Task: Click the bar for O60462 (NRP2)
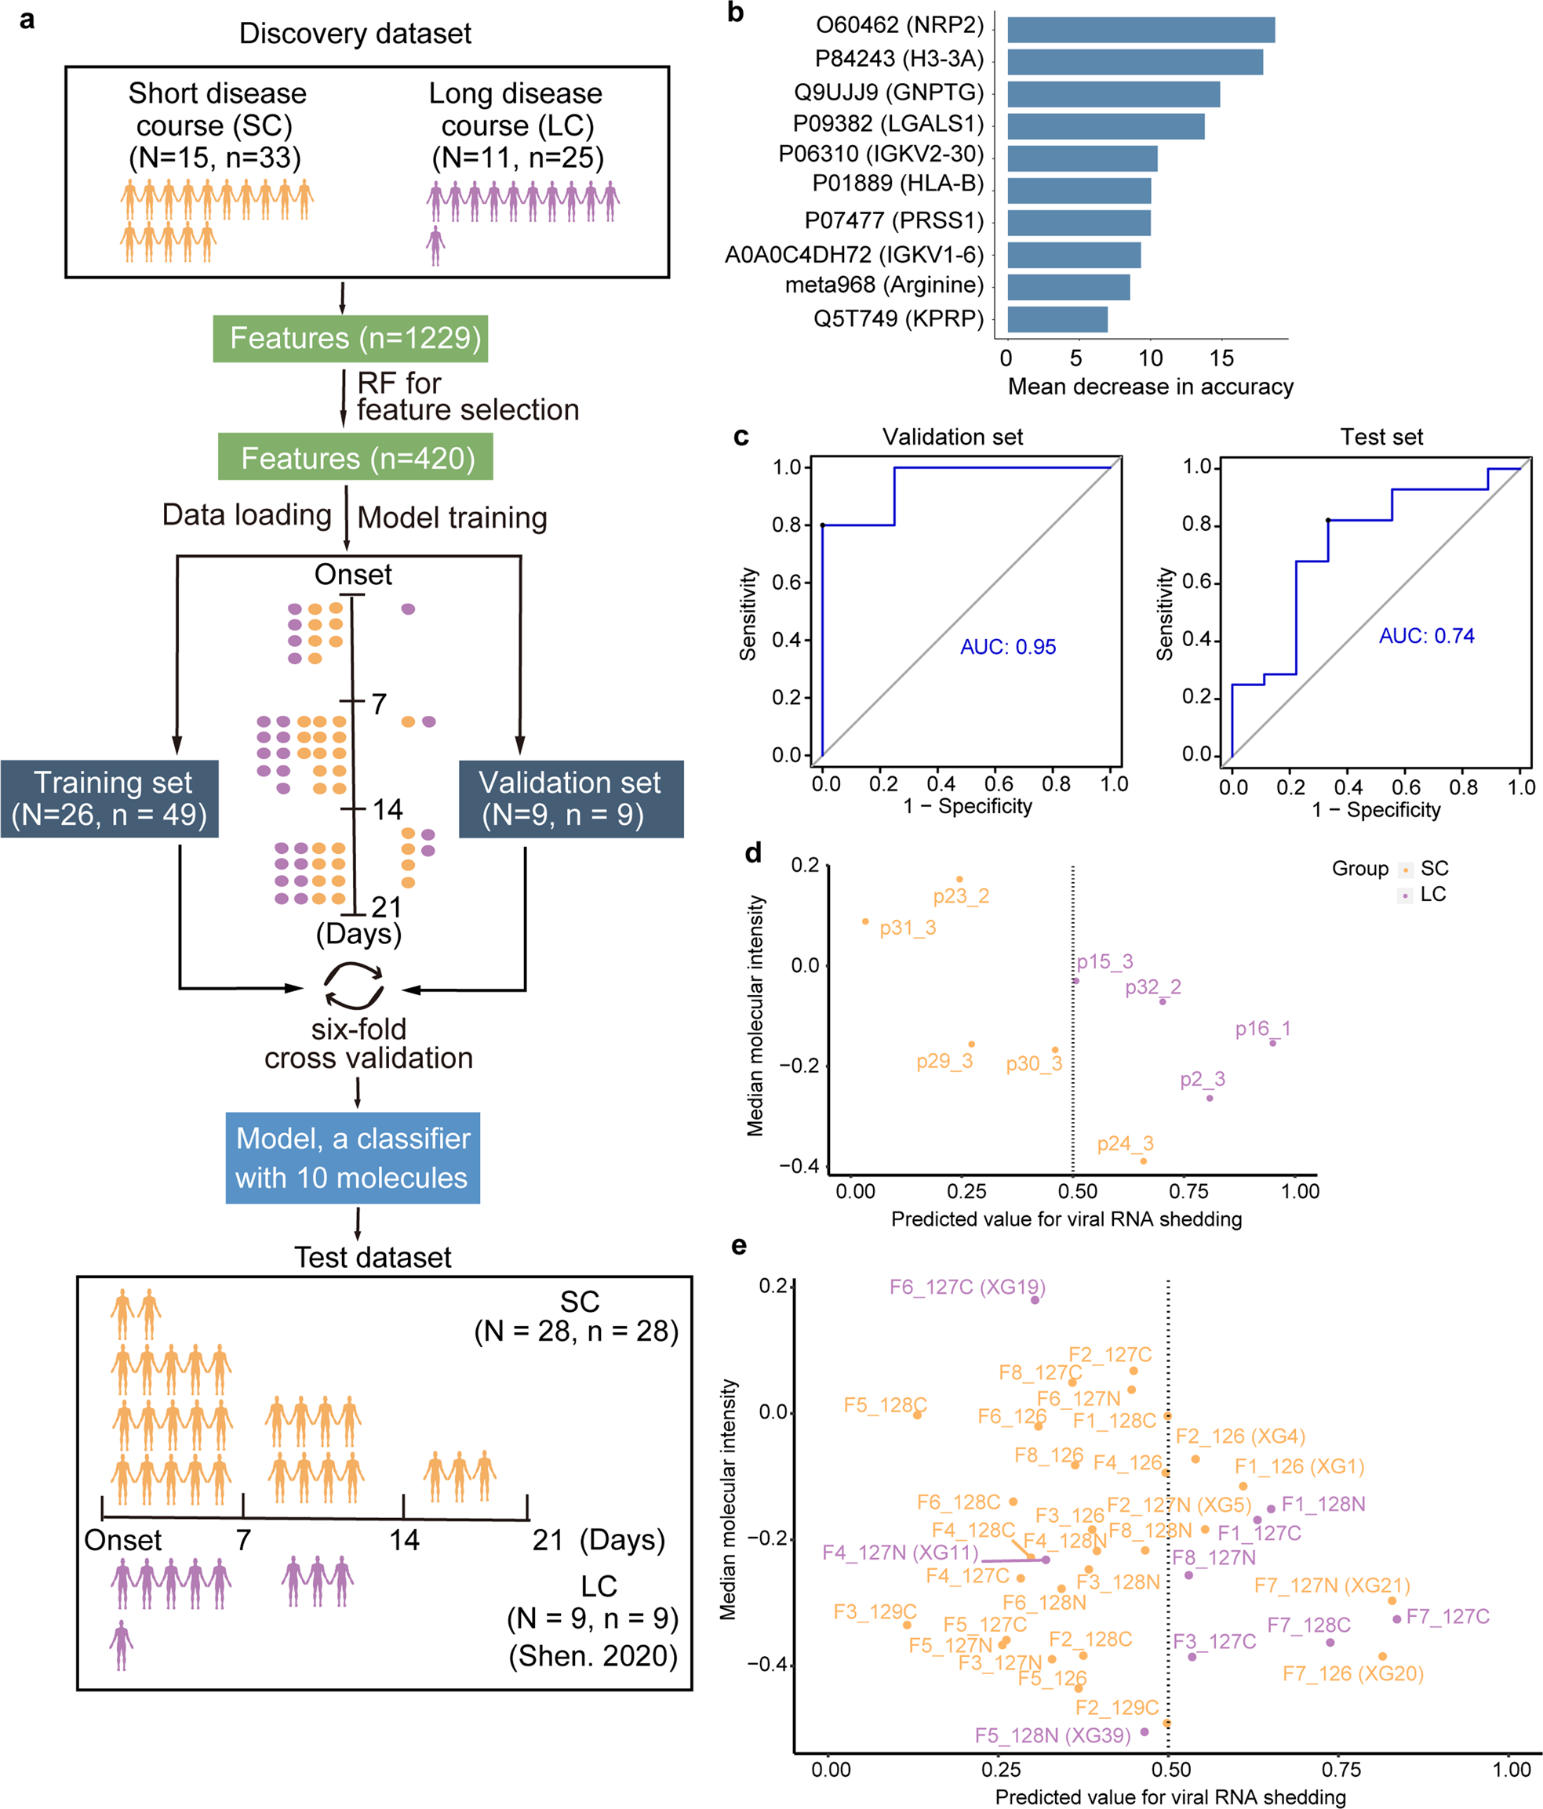point(1141,30)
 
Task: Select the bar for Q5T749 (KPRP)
point(1057,320)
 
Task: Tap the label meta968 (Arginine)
point(884,285)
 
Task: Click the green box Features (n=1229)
point(350,339)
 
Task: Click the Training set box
point(109,799)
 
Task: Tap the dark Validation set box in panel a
point(570,799)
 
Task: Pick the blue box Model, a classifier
point(353,1157)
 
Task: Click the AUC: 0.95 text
point(1008,647)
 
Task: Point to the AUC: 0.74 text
point(1426,636)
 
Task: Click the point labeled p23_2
point(959,880)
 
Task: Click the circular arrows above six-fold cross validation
point(354,986)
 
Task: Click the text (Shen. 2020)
point(593,1656)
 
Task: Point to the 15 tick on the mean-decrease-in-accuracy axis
point(1221,358)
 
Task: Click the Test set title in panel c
point(1381,437)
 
